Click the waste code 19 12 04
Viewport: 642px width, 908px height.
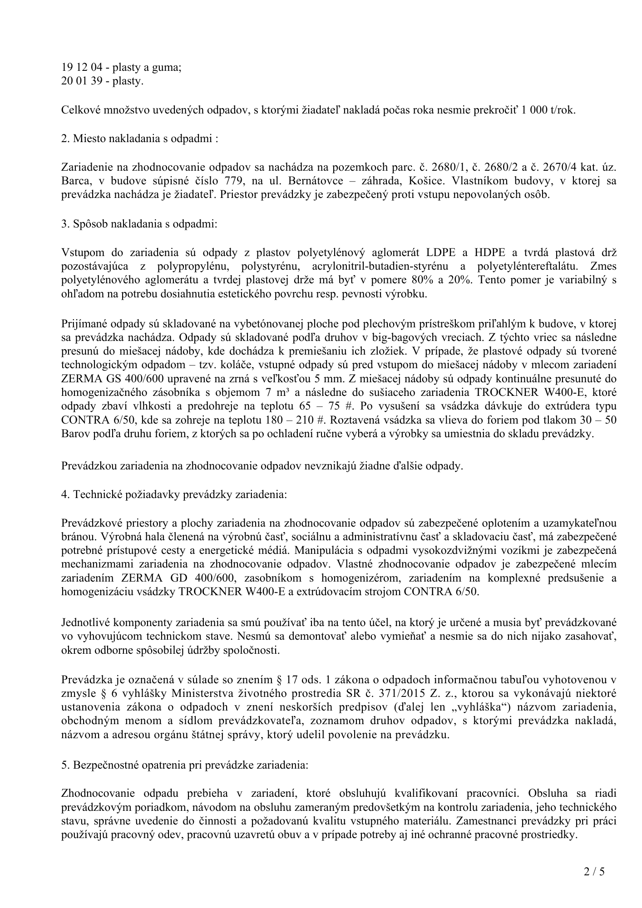(x=79, y=68)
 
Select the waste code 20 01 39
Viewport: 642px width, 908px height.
(x=79, y=81)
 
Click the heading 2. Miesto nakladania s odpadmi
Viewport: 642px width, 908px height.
(x=140, y=138)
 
